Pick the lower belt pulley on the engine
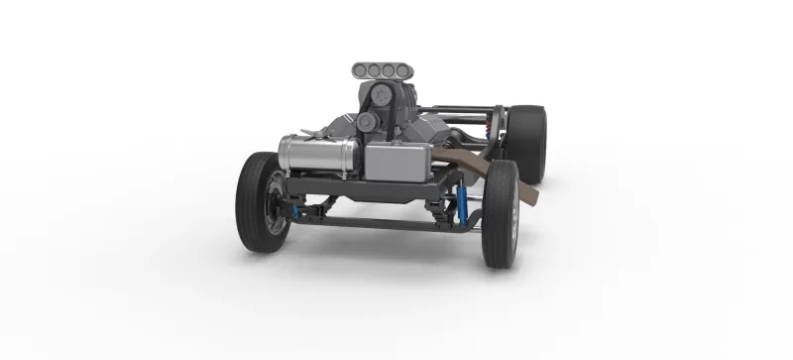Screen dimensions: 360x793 [367, 121]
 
